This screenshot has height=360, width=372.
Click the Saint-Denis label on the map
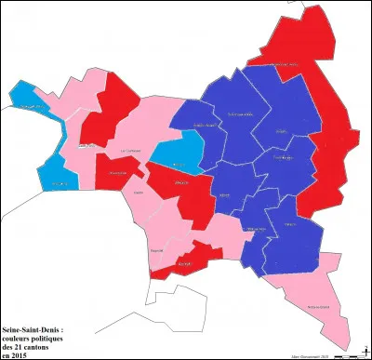[86, 145]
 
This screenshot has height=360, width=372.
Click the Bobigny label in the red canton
[183, 182]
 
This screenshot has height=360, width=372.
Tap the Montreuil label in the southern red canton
[183, 264]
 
